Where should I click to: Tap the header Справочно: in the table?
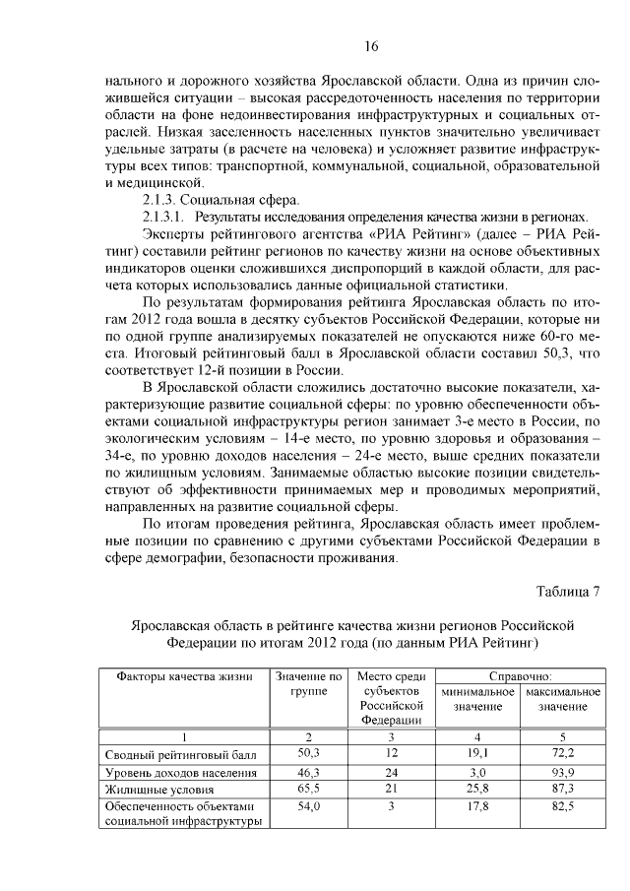520,676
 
